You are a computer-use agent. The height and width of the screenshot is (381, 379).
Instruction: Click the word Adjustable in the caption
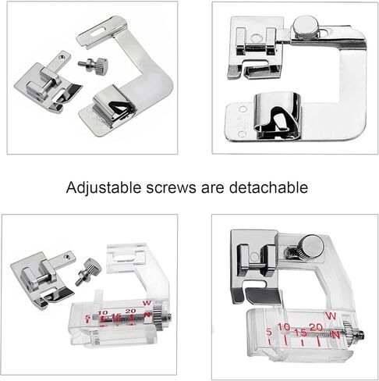(104, 187)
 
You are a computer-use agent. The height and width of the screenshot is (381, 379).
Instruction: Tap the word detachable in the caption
(268, 187)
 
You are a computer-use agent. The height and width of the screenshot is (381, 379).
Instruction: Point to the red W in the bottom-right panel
(331, 316)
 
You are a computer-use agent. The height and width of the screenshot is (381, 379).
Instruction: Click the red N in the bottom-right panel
(336, 335)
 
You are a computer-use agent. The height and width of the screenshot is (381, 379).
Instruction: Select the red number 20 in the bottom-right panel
(316, 327)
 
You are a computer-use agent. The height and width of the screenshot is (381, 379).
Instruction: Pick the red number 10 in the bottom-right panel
(284, 327)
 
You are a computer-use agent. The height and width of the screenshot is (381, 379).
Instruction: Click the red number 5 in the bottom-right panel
(269, 332)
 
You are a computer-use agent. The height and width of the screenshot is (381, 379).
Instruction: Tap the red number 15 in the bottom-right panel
(301, 333)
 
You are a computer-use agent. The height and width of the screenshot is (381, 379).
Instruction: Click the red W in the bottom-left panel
(147, 303)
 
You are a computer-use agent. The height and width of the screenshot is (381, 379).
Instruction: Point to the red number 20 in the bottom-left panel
(130, 311)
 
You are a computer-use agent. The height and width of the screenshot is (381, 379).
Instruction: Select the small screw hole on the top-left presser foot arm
(62, 55)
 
